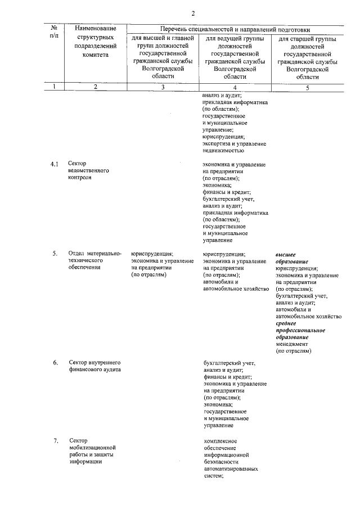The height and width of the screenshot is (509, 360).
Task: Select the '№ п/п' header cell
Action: click(x=54, y=32)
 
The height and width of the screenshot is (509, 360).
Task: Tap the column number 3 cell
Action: click(x=163, y=87)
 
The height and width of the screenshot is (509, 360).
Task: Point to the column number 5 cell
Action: click(x=308, y=87)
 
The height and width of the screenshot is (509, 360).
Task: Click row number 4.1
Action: click(x=55, y=164)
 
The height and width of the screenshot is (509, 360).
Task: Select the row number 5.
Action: click(x=55, y=254)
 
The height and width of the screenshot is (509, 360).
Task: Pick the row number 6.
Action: click(x=55, y=362)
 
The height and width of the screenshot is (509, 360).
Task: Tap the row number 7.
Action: click(x=55, y=440)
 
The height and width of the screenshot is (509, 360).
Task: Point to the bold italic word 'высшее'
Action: click(x=286, y=255)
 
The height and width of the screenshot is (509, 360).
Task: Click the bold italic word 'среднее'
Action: click(x=286, y=323)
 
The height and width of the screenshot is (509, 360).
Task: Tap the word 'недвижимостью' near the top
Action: click(x=223, y=150)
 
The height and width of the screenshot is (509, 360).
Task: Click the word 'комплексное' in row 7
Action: click(x=220, y=440)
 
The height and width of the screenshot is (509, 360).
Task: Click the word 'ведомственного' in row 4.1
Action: click(x=89, y=170)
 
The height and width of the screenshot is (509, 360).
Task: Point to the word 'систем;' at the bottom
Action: click(x=214, y=476)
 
